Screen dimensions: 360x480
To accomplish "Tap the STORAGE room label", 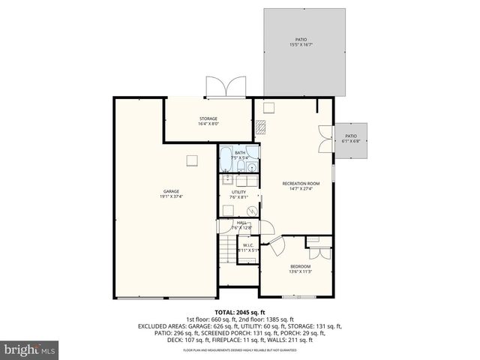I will pyautogui.click(x=208, y=118).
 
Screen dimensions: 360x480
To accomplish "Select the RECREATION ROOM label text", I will pyautogui.click(x=301, y=184).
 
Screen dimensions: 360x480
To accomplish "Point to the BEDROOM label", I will pyautogui.click(x=300, y=266).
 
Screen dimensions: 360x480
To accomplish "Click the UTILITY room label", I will pyautogui.click(x=238, y=192).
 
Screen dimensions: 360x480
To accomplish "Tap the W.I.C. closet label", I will pyautogui.click(x=247, y=244).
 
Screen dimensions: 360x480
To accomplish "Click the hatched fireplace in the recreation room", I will pyautogui.click(x=260, y=127).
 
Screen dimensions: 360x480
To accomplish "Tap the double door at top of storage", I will pyautogui.click(x=226, y=86).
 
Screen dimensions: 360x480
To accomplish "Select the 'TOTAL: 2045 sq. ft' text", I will pyautogui.click(x=239, y=312).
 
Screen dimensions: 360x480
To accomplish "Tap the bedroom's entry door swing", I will pyautogui.click(x=274, y=244).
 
